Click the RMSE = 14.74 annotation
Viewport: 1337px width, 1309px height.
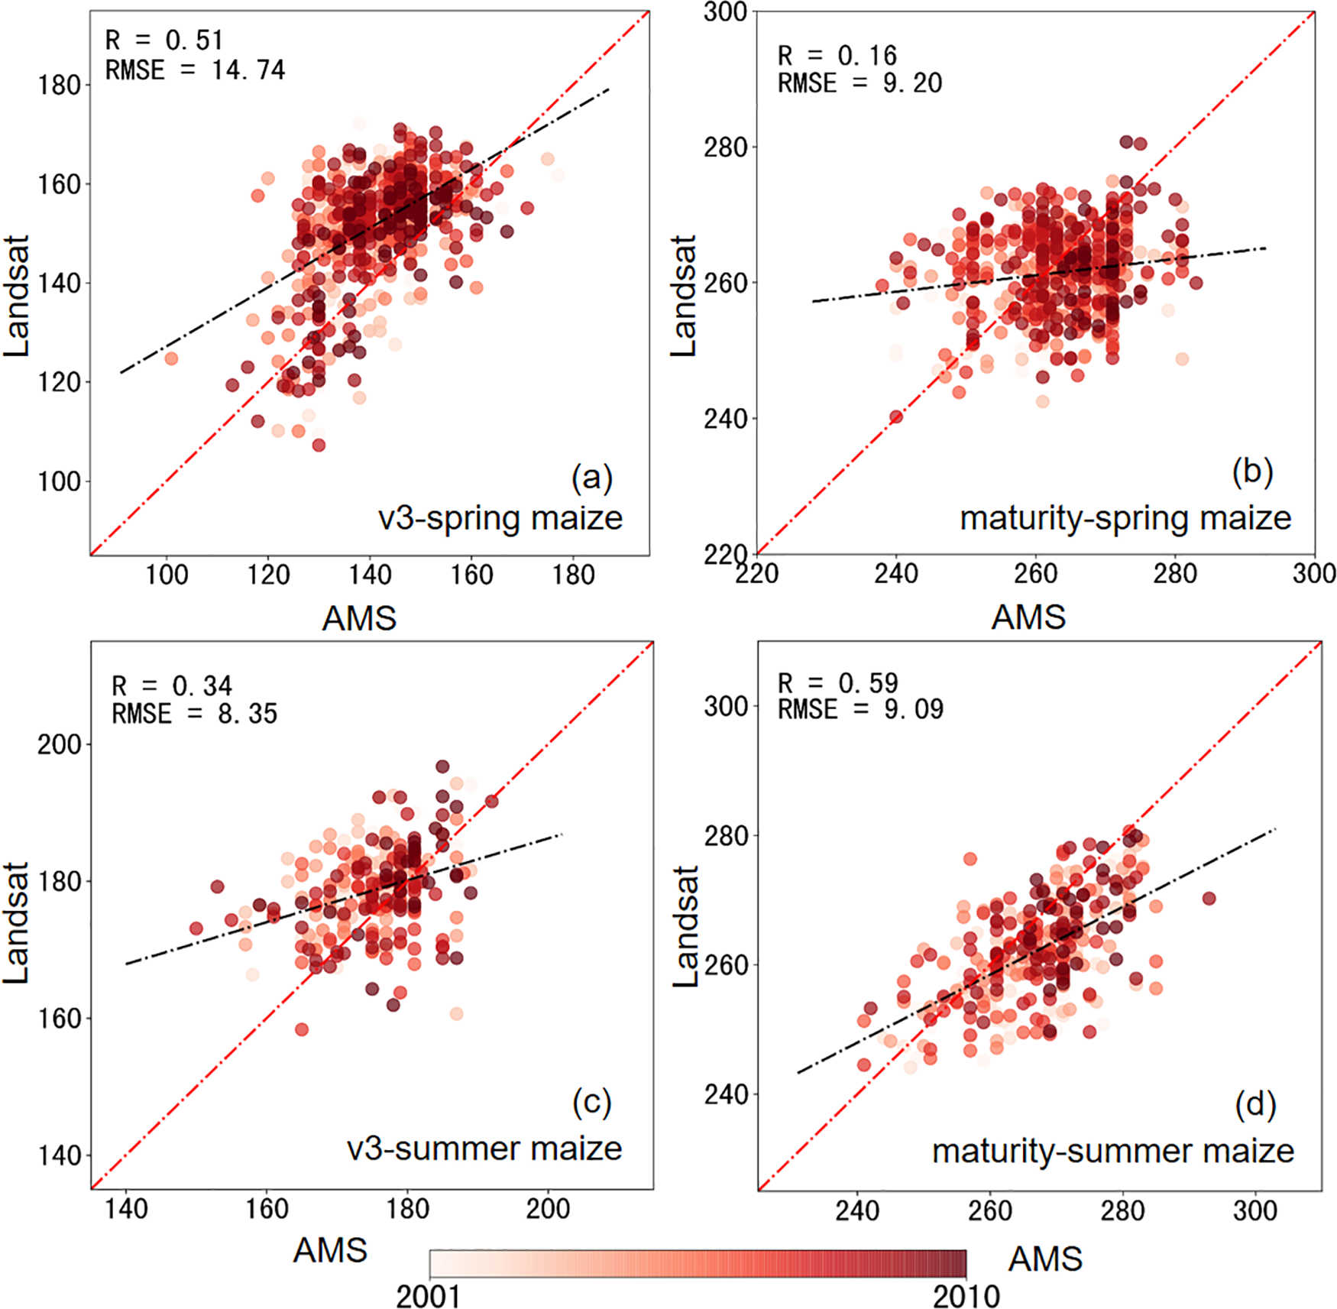tap(195, 70)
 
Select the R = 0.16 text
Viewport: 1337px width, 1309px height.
tap(837, 55)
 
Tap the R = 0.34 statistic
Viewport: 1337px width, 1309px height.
tap(172, 685)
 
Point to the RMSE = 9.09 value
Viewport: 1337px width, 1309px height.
tap(861, 709)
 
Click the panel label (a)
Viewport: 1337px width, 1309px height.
tap(591, 478)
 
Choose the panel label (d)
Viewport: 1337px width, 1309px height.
tap(1255, 1105)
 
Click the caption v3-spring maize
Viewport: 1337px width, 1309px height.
tap(500, 518)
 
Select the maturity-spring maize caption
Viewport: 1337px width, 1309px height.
tap(1125, 518)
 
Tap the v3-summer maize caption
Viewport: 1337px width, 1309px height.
tap(484, 1149)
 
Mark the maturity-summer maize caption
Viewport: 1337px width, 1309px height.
tap(1112, 1151)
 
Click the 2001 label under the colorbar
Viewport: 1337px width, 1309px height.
tap(428, 1296)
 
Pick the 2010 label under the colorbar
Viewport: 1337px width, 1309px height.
tap(966, 1296)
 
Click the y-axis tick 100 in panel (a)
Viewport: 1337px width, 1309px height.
tap(60, 481)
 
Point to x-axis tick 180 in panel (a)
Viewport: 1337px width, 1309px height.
tap(573, 575)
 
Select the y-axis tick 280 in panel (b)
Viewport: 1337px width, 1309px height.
tap(725, 147)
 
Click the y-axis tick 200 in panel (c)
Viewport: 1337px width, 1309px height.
tap(60, 744)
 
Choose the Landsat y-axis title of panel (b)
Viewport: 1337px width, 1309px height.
tap(684, 296)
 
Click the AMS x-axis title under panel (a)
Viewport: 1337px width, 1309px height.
tap(359, 617)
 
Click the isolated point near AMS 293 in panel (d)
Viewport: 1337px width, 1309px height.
tap(1209, 899)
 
